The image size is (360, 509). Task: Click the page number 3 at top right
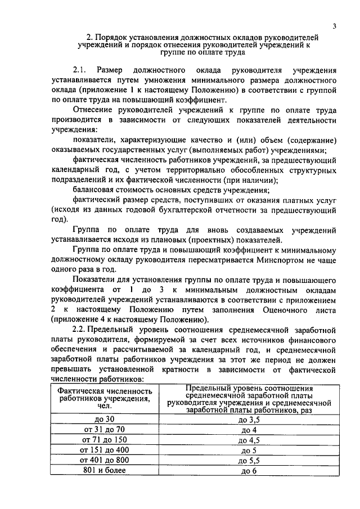(x=335, y=26)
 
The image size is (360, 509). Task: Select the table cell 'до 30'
(x=106, y=419)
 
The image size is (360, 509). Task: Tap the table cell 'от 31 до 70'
(x=106, y=430)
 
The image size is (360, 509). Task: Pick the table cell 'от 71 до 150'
(x=106, y=440)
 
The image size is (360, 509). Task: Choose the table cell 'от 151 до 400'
(x=106, y=450)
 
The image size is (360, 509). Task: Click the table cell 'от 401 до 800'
(x=106, y=460)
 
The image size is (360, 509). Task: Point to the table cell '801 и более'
(x=106, y=470)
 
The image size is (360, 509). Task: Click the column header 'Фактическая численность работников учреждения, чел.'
(x=106, y=399)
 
